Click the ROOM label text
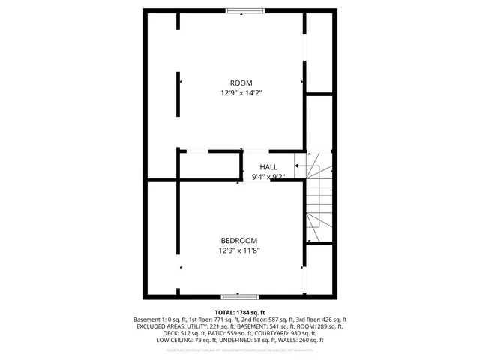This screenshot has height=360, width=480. [241, 82]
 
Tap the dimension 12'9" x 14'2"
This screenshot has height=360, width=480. [241, 93]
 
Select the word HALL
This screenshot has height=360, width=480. [268, 166]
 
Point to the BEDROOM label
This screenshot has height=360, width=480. [239, 240]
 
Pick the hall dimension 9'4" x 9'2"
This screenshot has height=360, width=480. [268, 177]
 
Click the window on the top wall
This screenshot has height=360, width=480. [245, 10]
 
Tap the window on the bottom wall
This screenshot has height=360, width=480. [240, 296]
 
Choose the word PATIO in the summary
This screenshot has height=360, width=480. [215, 333]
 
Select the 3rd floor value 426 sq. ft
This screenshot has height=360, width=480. [331, 319]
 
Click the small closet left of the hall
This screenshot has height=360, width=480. [208, 166]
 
